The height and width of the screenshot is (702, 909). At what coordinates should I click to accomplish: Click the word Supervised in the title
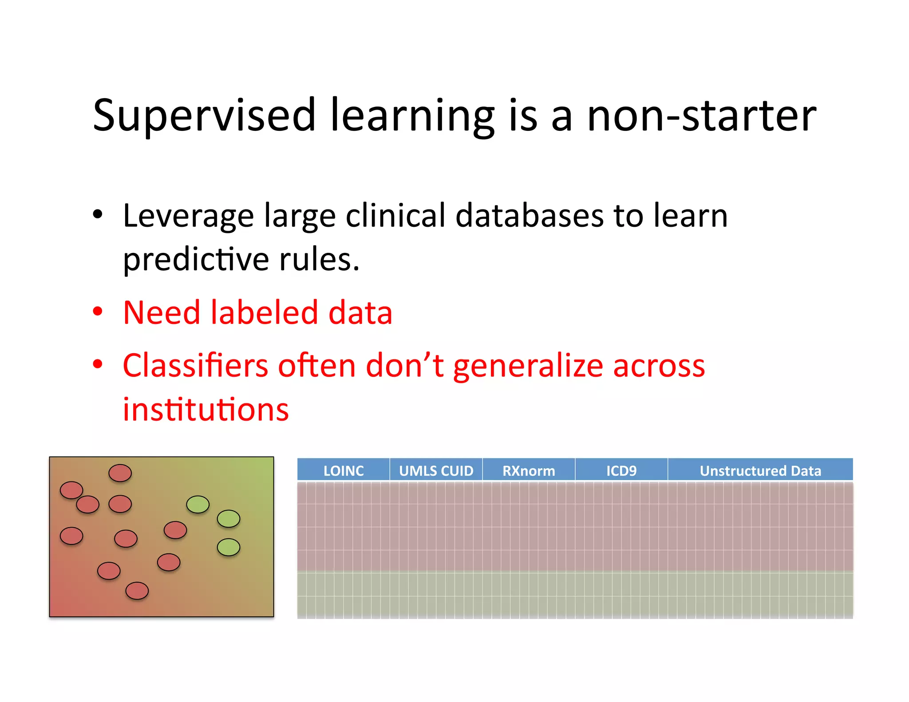(x=204, y=116)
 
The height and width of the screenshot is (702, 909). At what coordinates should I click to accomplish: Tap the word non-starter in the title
(x=701, y=116)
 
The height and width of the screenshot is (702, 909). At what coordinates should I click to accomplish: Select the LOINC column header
(x=344, y=470)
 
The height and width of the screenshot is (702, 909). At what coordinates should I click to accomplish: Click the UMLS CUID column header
(x=436, y=470)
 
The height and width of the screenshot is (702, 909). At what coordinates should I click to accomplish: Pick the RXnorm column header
(x=529, y=470)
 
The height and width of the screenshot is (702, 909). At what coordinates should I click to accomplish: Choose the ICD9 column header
(x=621, y=470)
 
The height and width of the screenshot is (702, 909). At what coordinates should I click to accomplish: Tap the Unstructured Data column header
(x=760, y=470)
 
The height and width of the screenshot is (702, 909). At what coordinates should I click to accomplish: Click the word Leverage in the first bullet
(x=188, y=217)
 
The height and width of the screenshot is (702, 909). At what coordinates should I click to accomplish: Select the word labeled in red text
(x=264, y=312)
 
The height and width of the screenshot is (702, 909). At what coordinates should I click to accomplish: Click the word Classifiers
(x=195, y=366)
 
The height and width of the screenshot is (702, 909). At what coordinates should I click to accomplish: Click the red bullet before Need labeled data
(x=98, y=312)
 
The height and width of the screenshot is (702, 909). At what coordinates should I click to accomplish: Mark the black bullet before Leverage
(x=98, y=215)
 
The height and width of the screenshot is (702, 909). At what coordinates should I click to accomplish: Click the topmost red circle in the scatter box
(x=120, y=473)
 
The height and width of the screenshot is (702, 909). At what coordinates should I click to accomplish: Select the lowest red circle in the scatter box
(x=137, y=591)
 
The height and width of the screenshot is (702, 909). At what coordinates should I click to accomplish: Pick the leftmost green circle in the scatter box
(x=198, y=505)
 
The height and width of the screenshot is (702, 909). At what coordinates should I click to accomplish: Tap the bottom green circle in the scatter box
(x=229, y=547)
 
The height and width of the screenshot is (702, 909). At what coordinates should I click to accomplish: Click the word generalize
(x=527, y=367)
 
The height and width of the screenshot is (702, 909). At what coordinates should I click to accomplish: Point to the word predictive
(x=196, y=260)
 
